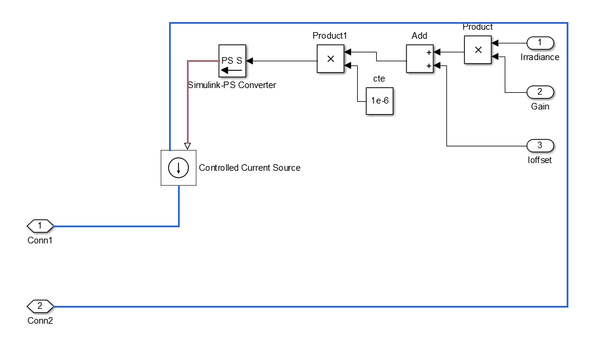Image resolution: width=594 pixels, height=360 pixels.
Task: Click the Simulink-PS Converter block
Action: tap(232, 61)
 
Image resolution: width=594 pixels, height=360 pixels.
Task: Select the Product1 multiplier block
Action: tap(330, 58)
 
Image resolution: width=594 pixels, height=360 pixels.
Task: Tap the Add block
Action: tap(420, 58)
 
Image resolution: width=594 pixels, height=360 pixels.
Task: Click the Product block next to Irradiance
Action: tap(477, 51)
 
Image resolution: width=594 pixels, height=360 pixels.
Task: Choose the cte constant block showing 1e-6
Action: tap(380, 101)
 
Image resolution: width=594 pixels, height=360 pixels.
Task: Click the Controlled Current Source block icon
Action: tap(178, 168)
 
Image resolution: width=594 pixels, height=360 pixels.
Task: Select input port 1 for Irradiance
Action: tap(540, 43)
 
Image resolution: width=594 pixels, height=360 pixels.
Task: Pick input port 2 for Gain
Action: tap(540, 92)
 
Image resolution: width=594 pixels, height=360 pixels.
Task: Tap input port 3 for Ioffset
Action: tap(540, 145)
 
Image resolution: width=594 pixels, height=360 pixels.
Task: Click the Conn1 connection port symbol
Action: tap(40, 226)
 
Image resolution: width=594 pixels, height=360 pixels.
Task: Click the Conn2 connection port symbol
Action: tap(40, 306)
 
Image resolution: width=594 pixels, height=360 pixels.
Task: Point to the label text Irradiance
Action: tap(540, 57)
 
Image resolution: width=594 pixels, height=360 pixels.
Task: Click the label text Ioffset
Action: tap(540, 159)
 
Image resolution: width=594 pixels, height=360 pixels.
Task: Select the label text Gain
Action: tap(540, 107)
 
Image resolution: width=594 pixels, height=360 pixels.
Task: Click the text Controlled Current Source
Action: tap(249, 168)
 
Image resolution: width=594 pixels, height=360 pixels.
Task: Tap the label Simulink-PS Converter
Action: tap(232, 85)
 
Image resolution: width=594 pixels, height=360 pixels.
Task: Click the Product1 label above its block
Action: tap(330, 36)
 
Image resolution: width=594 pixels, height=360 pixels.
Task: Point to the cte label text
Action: tap(379, 79)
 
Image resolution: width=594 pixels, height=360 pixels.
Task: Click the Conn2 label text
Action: tap(40, 321)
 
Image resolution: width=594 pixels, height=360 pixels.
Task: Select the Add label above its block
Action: tap(420, 36)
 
